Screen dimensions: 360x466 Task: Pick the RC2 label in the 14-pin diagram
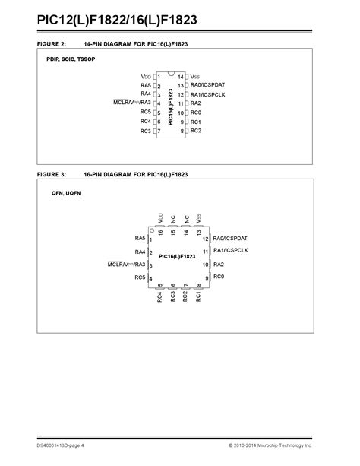[195, 131]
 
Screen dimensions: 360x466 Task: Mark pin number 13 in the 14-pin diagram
[181, 85]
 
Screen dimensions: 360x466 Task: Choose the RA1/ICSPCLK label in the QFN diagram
[231, 250]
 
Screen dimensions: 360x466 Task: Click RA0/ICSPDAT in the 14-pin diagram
[208, 85]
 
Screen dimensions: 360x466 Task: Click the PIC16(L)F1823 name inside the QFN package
[177, 257]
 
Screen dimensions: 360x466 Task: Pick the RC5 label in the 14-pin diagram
[146, 113]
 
